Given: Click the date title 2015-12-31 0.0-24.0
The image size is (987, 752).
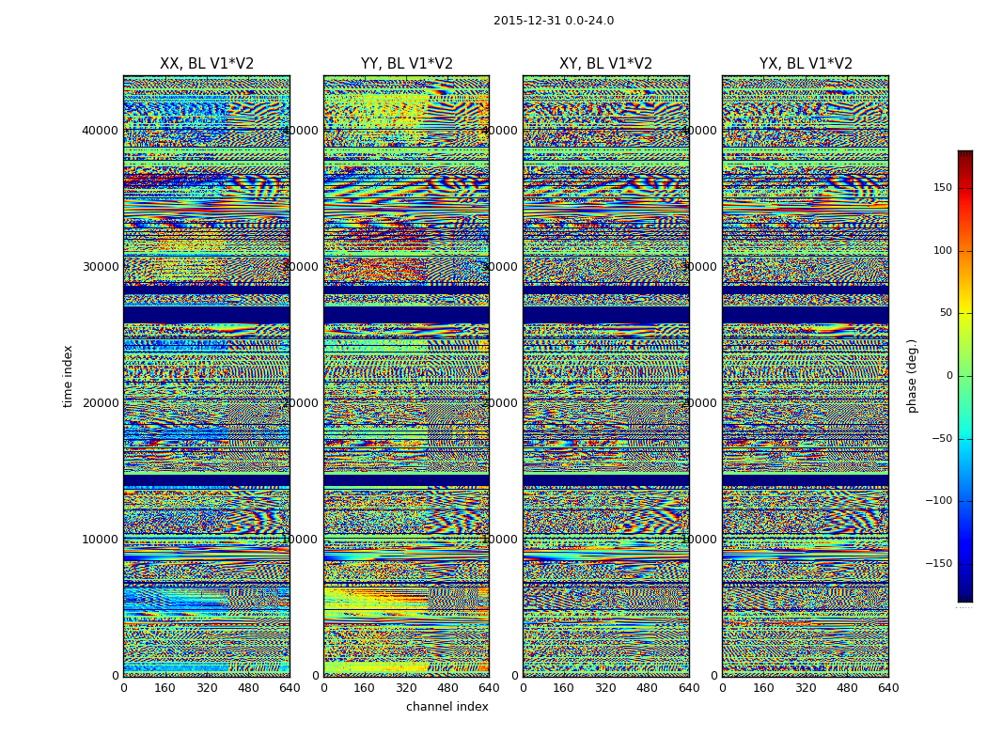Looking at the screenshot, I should (x=553, y=21).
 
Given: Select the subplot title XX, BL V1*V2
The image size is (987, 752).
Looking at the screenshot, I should (x=207, y=64).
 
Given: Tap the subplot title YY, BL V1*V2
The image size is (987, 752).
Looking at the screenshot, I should (x=406, y=64).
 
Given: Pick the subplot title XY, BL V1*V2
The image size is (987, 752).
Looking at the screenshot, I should (x=605, y=64).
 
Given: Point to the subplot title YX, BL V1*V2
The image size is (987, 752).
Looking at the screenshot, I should (x=806, y=64).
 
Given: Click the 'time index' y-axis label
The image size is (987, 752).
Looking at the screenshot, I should (x=68, y=375).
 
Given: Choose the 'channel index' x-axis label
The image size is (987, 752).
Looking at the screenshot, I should (x=446, y=707).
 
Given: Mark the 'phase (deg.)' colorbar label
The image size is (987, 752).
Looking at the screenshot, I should (x=912, y=375).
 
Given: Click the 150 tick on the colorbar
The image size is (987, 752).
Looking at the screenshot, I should (x=941, y=188).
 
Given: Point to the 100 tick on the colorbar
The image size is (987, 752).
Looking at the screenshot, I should (x=941, y=251).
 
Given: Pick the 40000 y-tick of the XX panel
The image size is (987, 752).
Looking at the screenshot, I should (x=101, y=130).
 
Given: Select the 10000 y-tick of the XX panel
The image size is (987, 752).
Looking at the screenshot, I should (x=101, y=540).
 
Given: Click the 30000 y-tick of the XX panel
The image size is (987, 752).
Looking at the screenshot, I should (x=101, y=266).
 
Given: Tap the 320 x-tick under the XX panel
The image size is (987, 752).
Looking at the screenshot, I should (x=207, y=688).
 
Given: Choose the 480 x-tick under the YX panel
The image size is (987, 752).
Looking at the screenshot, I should (x=847, y=688).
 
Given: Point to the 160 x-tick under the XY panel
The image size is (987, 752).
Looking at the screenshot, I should (x=564, y=688).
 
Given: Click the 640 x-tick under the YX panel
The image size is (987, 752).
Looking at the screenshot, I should (x=888, y=688).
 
